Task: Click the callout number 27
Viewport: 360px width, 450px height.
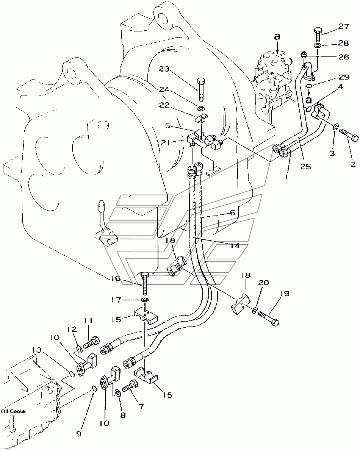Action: (x=343, y=27)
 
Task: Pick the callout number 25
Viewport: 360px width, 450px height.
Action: (x=306, y=166)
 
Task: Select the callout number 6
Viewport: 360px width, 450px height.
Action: (x=233, y=212)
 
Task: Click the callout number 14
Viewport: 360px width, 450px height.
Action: (x=235, y=246)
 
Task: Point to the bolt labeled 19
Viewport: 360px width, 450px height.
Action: (x=269, y=319)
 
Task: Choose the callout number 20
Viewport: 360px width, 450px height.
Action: (x=263, y=283)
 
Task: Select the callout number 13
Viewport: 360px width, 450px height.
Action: (x=37, y=350)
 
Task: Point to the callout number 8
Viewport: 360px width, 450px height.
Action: (x=123, y=415)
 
